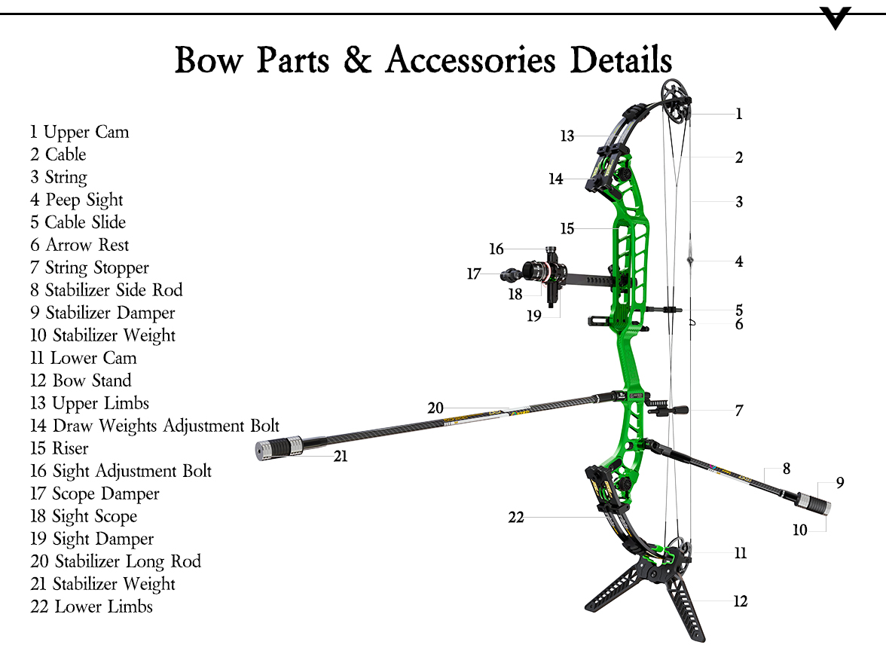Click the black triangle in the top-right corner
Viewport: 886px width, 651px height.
[x=836, y=17]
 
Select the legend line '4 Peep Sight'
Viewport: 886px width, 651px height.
[x=76, y=200]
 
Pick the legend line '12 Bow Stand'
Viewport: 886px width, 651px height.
[x=81, y=381]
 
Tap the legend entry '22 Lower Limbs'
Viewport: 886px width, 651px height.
[x=91, y=607]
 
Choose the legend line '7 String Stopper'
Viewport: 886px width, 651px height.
[x=90, y=267]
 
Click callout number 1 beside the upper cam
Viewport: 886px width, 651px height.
[x=739, y=114]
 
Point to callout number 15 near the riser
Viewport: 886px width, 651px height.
[x=567, y=228]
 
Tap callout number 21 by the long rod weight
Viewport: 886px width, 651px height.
[x=341, y=456]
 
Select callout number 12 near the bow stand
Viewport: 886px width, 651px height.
[x=741, y=601]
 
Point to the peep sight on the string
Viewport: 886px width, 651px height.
[x=690, y=260]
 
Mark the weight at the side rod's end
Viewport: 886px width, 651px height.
[x=815, y=504]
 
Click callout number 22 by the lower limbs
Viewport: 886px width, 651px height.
[x=515, y=518]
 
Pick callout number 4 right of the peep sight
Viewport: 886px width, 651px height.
[x=739, y=261]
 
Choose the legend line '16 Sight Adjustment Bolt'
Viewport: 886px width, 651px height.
[x=121, y=471]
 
